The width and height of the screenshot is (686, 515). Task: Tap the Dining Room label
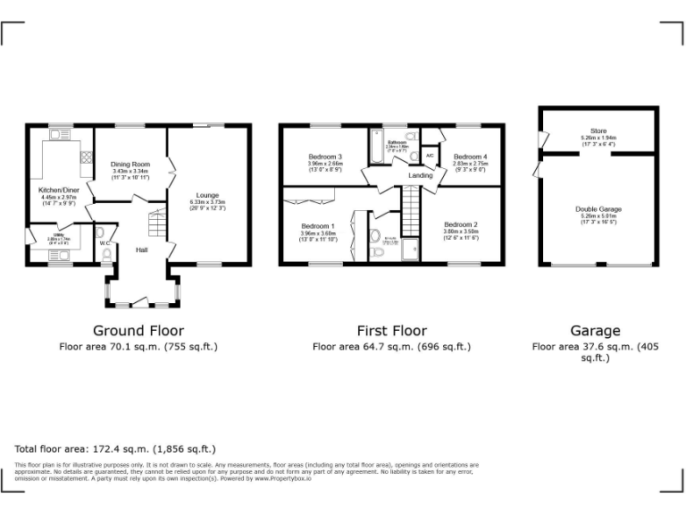[x=130, y=165]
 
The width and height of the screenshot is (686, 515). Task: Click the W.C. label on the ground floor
[x=105, y=242]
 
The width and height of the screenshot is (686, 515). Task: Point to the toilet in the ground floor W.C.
[x=107, y=256]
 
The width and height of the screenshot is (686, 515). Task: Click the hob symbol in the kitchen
[x=87, y=156]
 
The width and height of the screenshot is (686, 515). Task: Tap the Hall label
[x=142, y=250]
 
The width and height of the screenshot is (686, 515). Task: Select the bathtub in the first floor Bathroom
[x=374, y=148]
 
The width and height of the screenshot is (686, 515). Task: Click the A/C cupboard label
[x=430, y=156]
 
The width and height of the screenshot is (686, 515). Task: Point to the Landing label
[x=420, y=175]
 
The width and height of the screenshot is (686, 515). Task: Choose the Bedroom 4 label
[x=470, y=156]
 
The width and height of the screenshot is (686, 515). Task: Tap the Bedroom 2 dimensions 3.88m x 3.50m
[x=462, y=231]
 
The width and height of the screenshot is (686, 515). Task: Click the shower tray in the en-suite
[x=411, y=250]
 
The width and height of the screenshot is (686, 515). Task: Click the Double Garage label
[x=598, y=208]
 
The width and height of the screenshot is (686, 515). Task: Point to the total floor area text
[x=115, y=448]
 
